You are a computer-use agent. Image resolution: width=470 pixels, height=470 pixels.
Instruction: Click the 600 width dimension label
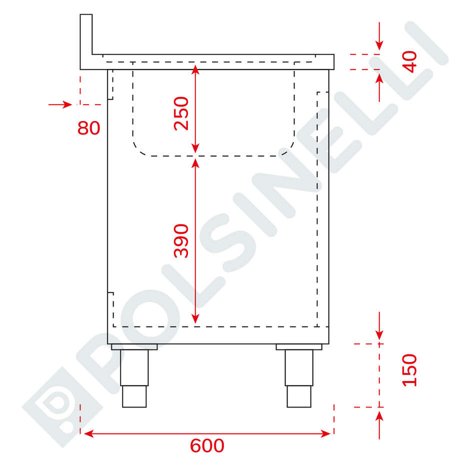click(x=207, y=445)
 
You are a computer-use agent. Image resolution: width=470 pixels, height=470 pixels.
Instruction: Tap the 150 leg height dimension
click(x=409, y=369)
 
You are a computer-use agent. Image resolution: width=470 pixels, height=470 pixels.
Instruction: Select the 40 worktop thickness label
click(x=409, y=61)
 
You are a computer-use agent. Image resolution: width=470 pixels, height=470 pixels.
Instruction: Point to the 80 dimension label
click(x=89, y=128)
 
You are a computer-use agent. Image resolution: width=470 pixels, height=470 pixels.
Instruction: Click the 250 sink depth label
click(x=181, y=113)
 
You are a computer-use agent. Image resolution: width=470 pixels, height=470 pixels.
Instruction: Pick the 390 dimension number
click(x=181, y=240)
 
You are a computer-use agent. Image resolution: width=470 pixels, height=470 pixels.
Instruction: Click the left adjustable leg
click(x=134, y=378)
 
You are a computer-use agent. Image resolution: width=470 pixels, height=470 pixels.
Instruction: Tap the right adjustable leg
click(x=299, y=378)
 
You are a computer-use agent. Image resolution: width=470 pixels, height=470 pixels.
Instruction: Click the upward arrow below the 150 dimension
click(x=379, y=420)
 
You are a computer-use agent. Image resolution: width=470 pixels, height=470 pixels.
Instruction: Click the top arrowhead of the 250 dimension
click(x=195, y=70)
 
